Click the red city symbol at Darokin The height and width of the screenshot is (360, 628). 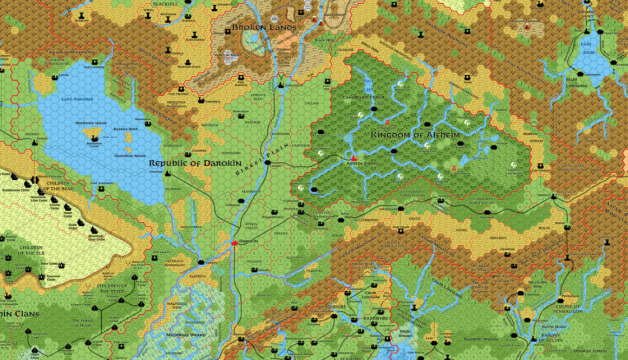tap(234, 244)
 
